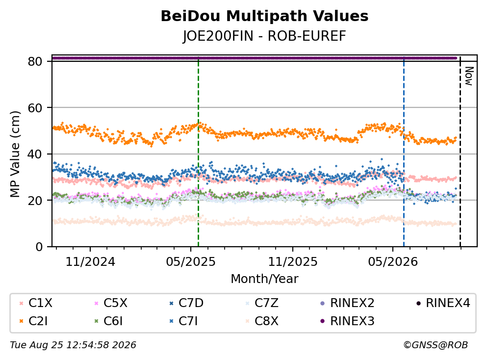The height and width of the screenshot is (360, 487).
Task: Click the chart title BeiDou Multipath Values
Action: tap(264, 16)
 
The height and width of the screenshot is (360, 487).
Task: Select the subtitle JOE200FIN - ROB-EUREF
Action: tap(264, 36)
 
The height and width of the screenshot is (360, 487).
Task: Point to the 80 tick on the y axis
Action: tap(35, 61)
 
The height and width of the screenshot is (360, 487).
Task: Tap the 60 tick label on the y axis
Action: tap(35, 108)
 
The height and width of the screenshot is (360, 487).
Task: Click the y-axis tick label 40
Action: tap(35, 154)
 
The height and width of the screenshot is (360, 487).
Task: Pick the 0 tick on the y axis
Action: tap(39, 247)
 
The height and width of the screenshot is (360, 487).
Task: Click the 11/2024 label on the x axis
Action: tap(90, 262)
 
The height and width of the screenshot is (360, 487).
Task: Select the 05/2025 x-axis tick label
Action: tap(191, 262)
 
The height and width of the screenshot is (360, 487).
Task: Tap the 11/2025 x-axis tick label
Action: tap(293, 262)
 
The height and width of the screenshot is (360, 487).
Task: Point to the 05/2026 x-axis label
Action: tap(393, 262)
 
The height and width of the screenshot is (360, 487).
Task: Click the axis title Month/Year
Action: tap(264, 279)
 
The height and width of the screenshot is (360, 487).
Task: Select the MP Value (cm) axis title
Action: tap(15, 154)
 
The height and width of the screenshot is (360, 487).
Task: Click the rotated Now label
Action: tap(469, 76)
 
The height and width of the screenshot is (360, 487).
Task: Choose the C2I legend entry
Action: tap(34, 321)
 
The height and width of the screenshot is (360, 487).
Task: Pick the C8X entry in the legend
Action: tap(262, 321)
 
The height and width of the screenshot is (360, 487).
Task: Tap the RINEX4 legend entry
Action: tap(443, 303)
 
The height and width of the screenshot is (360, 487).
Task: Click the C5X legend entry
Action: tap(111, 303)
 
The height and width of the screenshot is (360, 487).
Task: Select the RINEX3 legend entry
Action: tap(347, 321)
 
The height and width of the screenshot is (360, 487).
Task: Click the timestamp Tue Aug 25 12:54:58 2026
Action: tap(73, 345)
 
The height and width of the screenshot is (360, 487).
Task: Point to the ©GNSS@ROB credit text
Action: tap(436, 345)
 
